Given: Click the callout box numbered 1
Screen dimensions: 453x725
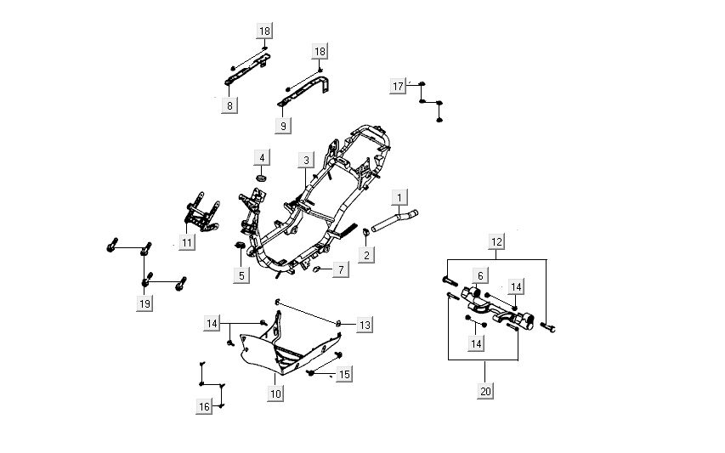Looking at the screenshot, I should pyautogui.click(x=397, y=198).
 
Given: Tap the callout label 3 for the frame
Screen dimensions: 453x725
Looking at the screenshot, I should pyautogui.click(x=306, y=160).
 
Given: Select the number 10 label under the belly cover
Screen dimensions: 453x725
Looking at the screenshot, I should pyautogui.click(x=275, y=394).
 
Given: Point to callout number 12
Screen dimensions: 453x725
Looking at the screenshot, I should pyautogui.click(x=497, y=243).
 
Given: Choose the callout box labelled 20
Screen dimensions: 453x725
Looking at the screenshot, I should pyautogui.click(x=484, y=391).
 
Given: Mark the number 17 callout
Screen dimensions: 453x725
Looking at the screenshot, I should pyautogui.click(x=398, y=86).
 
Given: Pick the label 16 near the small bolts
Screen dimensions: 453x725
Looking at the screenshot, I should pyautogui.click(x=204, y=407).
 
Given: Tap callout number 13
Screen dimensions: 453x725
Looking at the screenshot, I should pyautogui.click(x=365, y=326).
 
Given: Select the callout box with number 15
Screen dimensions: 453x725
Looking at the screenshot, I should pyautogui.click(x=344, y=374).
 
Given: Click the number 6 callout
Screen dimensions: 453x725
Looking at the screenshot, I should pyautogui.click(x=480, y=275).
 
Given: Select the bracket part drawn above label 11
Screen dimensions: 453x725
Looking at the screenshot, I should pyautogui.click(x=201, y=215).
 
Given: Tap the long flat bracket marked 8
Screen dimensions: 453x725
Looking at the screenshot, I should pyautogui.click(x=246, y=71).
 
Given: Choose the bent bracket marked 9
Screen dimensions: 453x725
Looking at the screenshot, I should pyautogui.click(x=306, y=93).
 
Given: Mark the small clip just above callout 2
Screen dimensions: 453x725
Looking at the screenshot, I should pyautogui.click(x=365, y=232).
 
